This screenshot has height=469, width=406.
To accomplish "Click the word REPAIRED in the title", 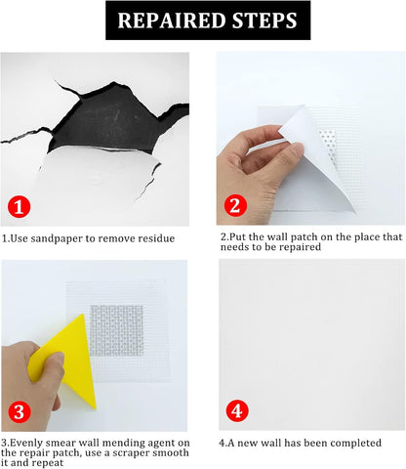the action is coord(172,21).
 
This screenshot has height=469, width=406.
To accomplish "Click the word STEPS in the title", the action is coord(264,21).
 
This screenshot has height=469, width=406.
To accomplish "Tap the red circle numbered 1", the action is coord(19,206).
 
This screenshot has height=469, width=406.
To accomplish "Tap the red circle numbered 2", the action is coord(235,205).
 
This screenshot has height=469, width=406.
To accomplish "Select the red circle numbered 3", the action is coord(19,412).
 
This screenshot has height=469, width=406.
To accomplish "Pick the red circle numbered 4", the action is coord(237,410).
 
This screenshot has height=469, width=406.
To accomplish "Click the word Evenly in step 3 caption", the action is coord(27,443).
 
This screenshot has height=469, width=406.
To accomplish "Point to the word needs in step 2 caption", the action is coord(233,247).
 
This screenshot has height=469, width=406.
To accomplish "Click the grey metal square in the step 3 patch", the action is coord(116,330).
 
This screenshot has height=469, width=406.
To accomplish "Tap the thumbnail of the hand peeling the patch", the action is coord(310,138).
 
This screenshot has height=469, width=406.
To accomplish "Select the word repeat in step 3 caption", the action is coord(47,463).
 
